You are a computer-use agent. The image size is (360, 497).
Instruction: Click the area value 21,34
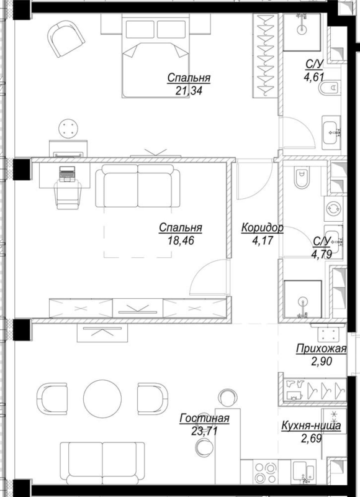[x=189, y=91]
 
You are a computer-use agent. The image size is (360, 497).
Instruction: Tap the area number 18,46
[x=181, y=241]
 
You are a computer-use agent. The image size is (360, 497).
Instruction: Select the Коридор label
[x=262, y=227]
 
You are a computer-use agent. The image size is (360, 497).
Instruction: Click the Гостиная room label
[x=204, y=418]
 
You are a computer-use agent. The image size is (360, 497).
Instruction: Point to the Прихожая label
[x=322, y=349]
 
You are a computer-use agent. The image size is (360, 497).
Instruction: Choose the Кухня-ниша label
[x=311, y=426]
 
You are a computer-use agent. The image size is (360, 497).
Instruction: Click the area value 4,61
[x=314, y=77]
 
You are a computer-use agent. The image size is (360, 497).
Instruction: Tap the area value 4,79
[x=322, y=255]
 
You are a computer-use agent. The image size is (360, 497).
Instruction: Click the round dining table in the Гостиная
[x=102, y=398]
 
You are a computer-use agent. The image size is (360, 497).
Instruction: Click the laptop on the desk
[x=67, y=174]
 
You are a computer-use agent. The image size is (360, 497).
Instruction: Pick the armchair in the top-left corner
[x=66, y=39]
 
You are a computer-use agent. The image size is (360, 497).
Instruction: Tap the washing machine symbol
[x=333, y=209]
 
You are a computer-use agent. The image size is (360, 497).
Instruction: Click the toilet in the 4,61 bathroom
[x=330, y=87]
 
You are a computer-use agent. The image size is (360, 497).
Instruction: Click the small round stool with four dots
[x=68, y=129]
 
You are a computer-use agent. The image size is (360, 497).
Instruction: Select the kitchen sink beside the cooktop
[x=304, y=472]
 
